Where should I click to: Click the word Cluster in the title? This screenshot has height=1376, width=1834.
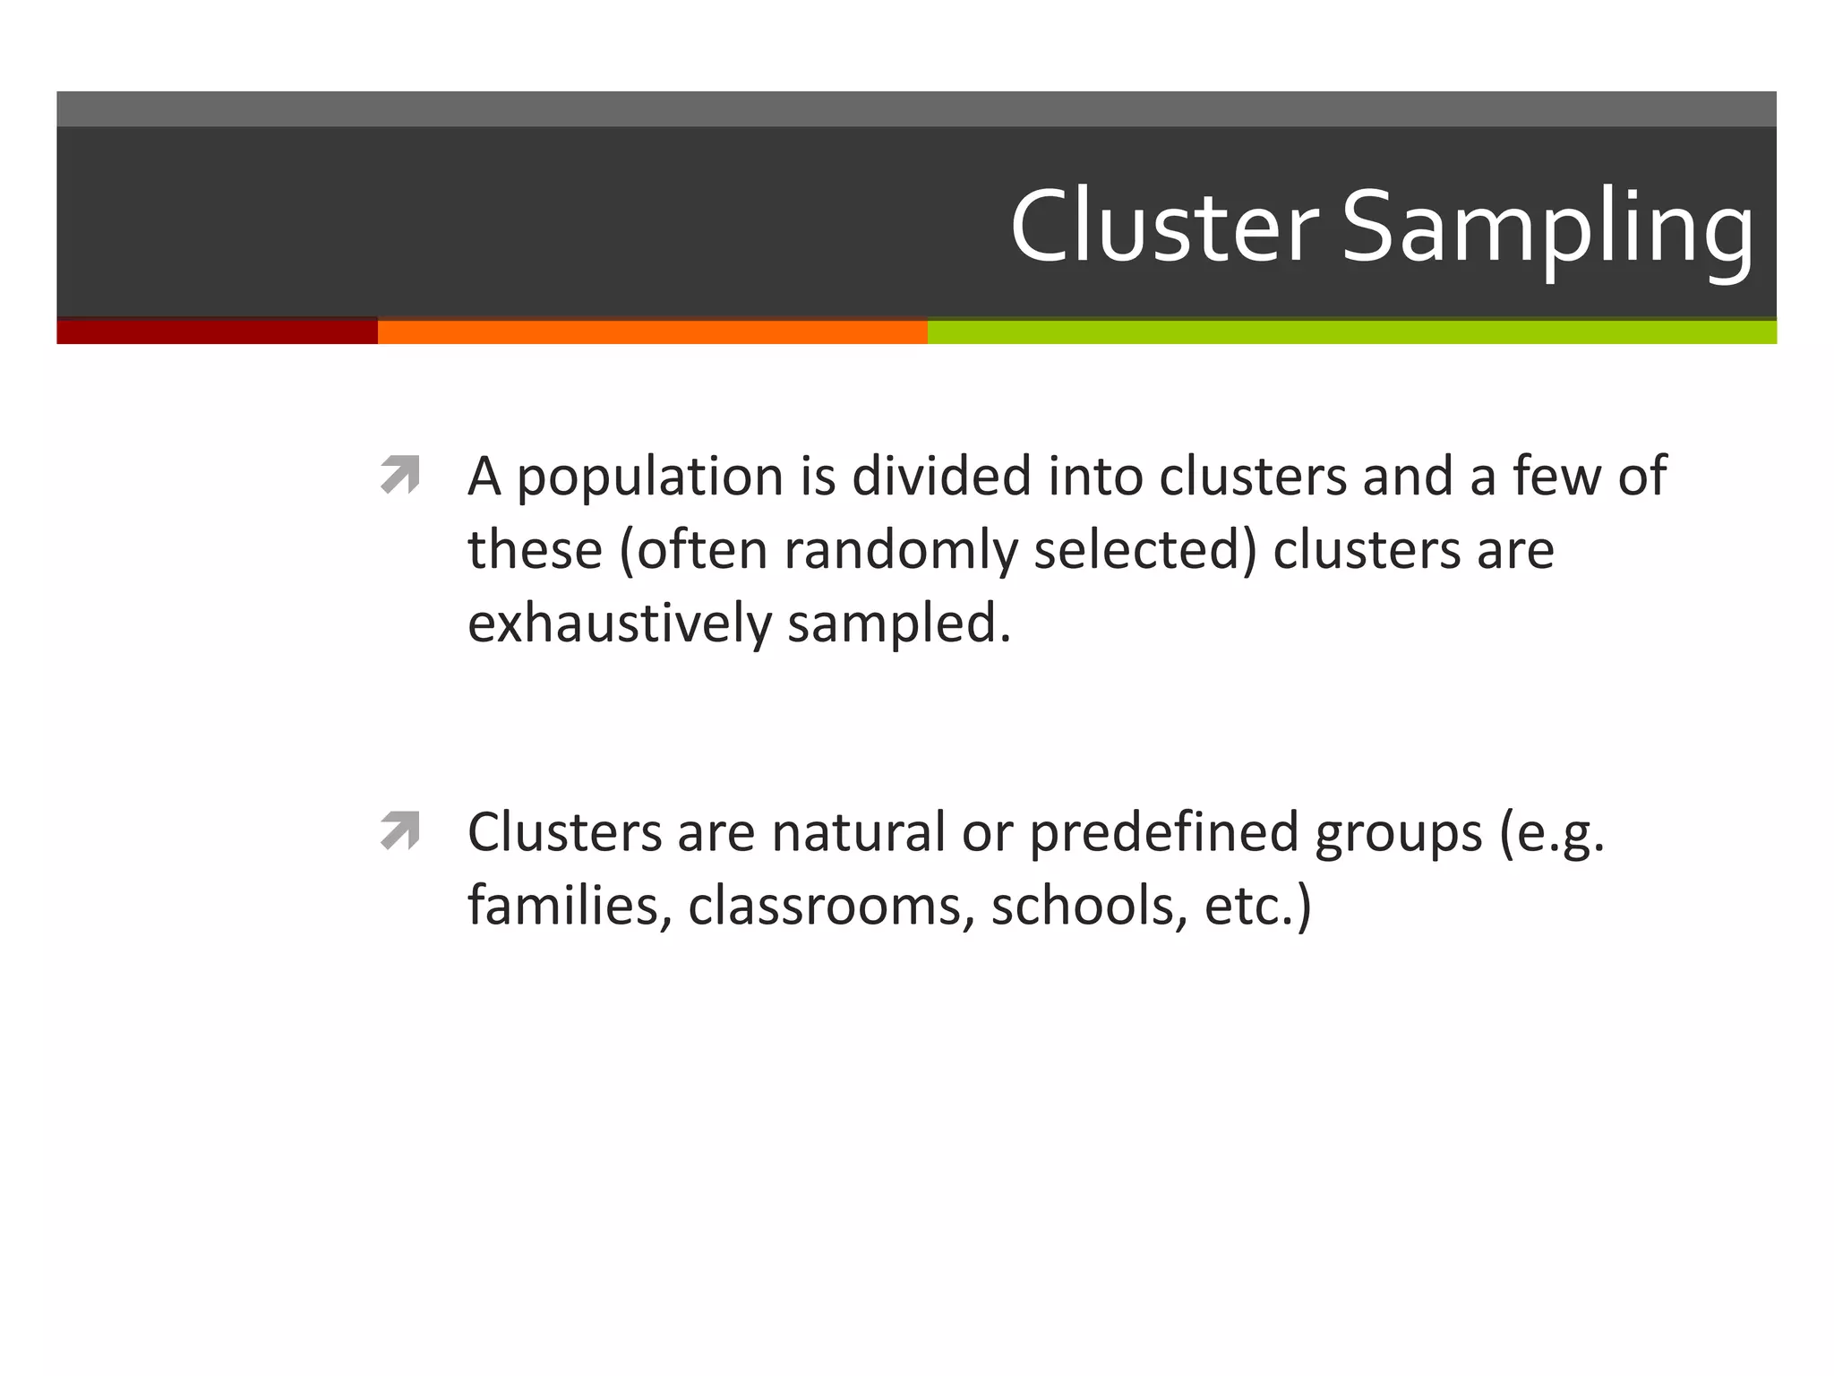pyautogui.click(x=1164, y=226)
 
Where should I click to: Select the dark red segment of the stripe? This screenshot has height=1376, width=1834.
pyautogui.click(x=217, y=331)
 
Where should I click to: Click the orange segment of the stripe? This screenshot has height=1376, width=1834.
pyautogui.click(x=652, y=331)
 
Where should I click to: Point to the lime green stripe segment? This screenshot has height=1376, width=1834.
pyautogui.click(x=1350, y=331)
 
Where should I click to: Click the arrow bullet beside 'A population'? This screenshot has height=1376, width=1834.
pyautogui.click(x=400, y=475)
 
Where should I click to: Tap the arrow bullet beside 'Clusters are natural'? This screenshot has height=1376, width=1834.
pyautogui.click(x=400, y=830)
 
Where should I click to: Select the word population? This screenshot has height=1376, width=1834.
pyautogui.click(x=650, y=478)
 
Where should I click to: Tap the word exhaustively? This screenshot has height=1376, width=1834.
pyautogui.click(x=619, y=623)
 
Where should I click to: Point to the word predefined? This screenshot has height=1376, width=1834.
pyautogui.click(x=1163, y=833)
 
